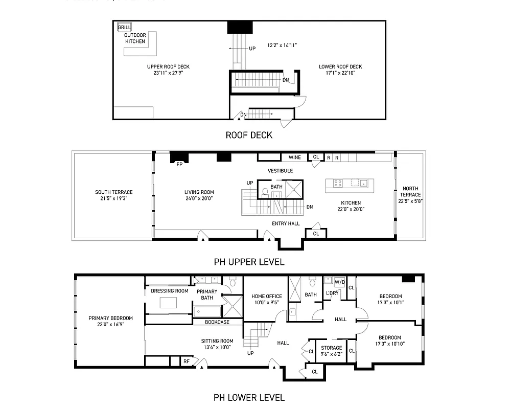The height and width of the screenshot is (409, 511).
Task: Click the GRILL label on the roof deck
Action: pyautogui.click(x=124, y=27)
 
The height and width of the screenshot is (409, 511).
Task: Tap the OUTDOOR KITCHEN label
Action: pyautogui.click(x=135, y=38)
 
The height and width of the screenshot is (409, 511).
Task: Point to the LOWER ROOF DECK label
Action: pyautogui.click(x=340, y=66)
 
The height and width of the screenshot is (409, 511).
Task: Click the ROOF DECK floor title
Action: pyautogui.click(x=249, y=135)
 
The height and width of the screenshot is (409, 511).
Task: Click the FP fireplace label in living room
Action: pyautogui.click(x=179, y=165)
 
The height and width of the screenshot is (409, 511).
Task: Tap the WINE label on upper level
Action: pyautogui.click(x=294, y=157)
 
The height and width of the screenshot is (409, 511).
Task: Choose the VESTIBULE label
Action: pyautogui.click(x=280, y=171)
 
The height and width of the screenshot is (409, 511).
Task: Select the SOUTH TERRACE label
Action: pyautogui.click(x=113, y=192)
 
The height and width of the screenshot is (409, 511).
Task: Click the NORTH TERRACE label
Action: pyautogui.click(x=410, y=191)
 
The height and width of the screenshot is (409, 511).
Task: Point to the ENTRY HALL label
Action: pyautogui.click(x=286, y=223)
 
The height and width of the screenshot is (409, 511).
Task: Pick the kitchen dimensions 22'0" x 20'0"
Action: pyautogui.click(x=350, y=209)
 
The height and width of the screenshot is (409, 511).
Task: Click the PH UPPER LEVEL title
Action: pyautogui.click(x=249, y=262)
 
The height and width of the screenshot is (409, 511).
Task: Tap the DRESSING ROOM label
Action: pyautogui.click(x=170, y=291)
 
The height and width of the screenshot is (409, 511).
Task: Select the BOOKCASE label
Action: pyautogui.click(x=217, y=322)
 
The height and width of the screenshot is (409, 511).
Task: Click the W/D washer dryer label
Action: pyautogui.click(x=339, y=282)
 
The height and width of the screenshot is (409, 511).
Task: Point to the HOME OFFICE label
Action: pyautogui.click(x=267, y=296)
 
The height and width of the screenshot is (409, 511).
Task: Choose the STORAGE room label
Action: pyautogui.click(x=332, y=348)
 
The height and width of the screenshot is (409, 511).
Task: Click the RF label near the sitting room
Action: pyautogui.click(x=187, y=361)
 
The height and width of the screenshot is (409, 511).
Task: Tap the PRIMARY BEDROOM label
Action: pyautogui.click(x=110, y=318)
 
